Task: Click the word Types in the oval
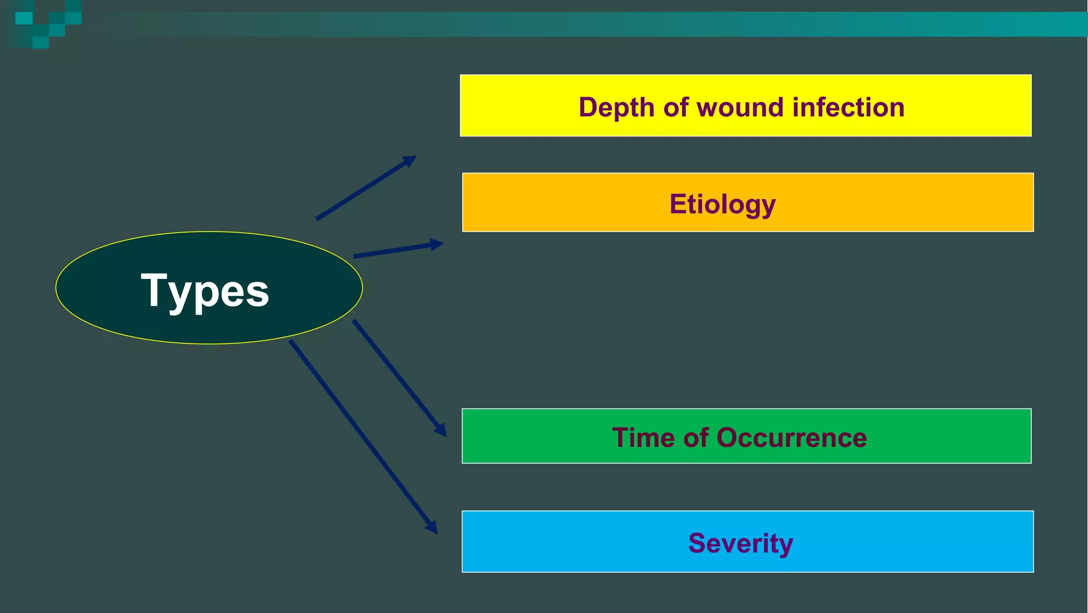(x=205, y=290)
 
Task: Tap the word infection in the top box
(x=848, y=107)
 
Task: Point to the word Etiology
(x=722, y=205)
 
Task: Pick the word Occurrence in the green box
(x=792, y=438)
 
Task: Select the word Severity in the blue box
(x=741, y=543)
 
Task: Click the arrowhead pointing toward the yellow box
(x=410, y=160)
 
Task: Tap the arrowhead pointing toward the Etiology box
(x=437, y=244)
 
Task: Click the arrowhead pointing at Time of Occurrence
(x=440, y=429)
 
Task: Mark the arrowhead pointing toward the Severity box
(x=431, y=526)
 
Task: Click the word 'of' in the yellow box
(x=676, y=107)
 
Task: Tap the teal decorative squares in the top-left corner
(x=48, y=24)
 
